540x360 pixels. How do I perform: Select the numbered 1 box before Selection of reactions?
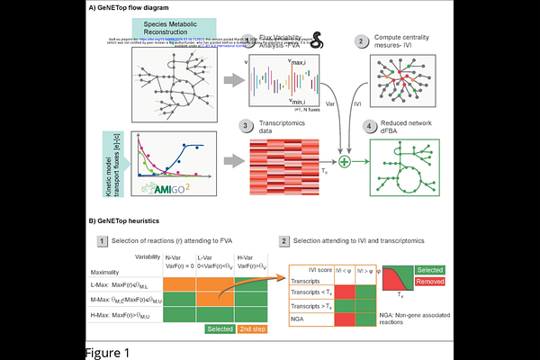[x=103, y=241]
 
